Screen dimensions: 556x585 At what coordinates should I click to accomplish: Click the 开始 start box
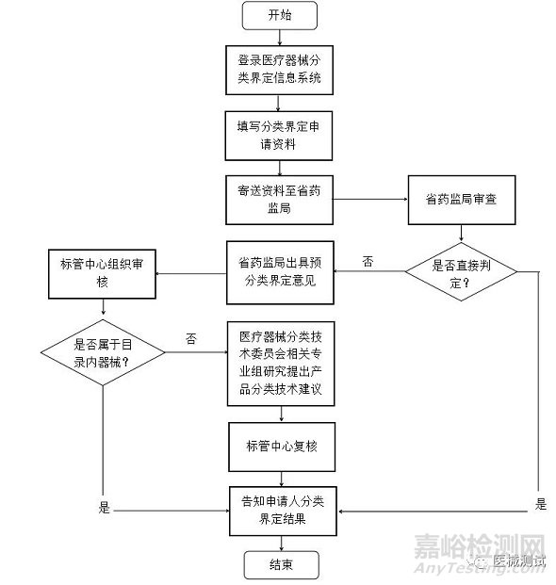(x=280, y=15)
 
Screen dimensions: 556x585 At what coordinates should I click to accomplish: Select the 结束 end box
(x=282, y=565)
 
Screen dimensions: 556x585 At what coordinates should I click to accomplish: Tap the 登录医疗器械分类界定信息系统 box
(x=279, y=70)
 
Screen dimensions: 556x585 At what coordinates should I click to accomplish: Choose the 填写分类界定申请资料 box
(x=279, y=136)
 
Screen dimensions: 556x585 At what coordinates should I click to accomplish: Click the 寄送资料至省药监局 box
(x=279, y=200)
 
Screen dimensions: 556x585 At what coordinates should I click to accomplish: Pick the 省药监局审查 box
(x=462, y=200)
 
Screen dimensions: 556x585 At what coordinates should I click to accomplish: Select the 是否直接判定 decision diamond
(x=461, y=271)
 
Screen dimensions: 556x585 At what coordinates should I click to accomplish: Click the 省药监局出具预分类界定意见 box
(x=280, y=273)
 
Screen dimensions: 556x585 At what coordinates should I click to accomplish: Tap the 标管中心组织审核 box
(x=102, y=274)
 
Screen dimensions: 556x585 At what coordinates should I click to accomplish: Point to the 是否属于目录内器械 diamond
(x=103, y=352)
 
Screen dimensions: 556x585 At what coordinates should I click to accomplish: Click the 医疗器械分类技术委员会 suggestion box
(x=281, y=364)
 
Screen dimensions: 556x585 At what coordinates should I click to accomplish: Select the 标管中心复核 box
(x=282, y=447)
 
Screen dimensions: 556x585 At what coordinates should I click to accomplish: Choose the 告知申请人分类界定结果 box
(x=283, y=512)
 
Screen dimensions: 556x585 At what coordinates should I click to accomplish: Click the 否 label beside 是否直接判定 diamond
(x=368, y=261)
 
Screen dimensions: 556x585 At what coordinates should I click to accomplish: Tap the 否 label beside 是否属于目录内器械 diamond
(x=190, y=339)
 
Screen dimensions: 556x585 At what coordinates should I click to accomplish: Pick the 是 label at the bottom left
(x=104, y=508)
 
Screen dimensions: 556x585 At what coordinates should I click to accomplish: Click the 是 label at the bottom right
(x=541, y=504)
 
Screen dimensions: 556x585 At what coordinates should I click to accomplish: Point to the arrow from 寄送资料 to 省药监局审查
(x=370, y=199)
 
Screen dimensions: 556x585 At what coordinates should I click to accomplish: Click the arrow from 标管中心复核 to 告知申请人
(x=282, y=479)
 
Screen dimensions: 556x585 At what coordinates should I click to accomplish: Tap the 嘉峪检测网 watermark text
(x=480, y=546)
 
